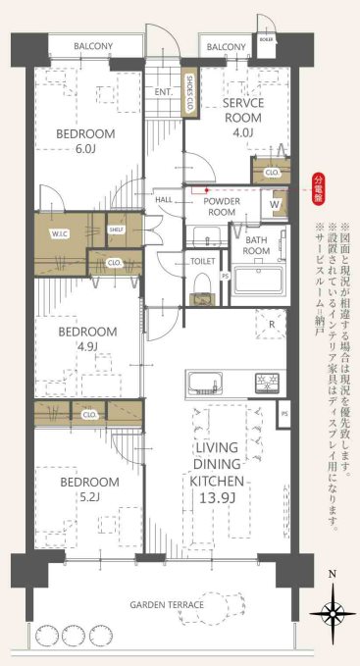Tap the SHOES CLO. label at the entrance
189,95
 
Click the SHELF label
116,230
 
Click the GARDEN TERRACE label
167,605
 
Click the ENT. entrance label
163,93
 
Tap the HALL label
164,199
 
